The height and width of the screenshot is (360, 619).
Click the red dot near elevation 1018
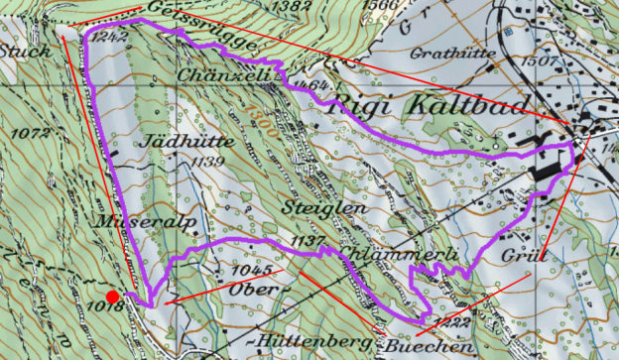[x=113, y=296]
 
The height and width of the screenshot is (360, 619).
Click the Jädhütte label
[x=188, y=142]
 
